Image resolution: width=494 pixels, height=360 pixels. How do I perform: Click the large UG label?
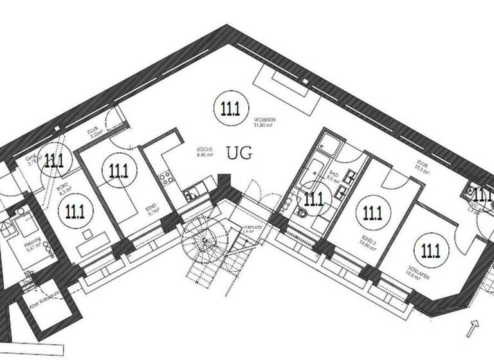(x=239, y=154)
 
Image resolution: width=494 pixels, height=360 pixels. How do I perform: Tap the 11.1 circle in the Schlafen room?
(x=428, y=249)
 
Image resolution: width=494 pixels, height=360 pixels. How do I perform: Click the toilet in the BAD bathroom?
(x=300, y=213)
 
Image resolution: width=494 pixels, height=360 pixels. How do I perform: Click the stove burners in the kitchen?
(x=165, y=177)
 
